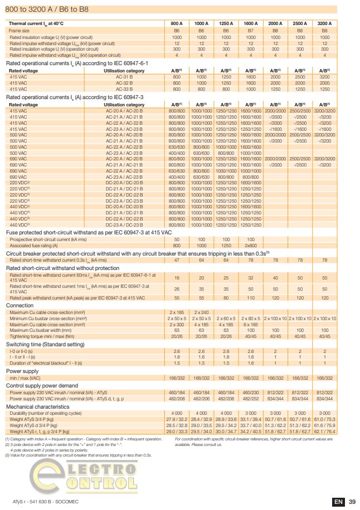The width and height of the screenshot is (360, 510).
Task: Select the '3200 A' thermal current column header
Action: tap(325, 23)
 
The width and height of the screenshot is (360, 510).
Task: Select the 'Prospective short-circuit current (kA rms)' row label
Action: tap(50, 239)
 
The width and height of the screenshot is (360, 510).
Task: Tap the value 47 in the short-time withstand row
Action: tap(177, 260)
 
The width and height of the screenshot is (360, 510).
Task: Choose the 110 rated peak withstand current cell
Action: tap(250, 298)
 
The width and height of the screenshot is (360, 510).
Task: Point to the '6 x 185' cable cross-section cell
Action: tap(250, 324)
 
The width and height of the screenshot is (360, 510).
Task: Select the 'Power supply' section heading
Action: tap(22, 370)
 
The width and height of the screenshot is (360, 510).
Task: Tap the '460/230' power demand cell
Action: tap(250, 393)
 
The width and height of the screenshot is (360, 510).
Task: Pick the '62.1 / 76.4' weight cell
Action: tap(325, 431)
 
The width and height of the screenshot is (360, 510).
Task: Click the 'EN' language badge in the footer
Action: tap(338, 502)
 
